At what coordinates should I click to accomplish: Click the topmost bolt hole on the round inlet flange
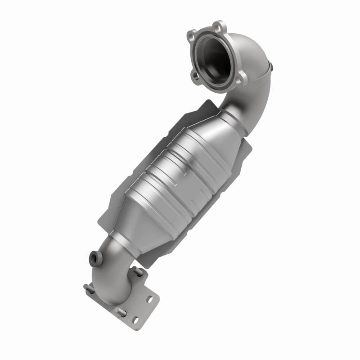[x=219, y=25]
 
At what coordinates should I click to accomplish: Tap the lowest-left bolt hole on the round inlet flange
[x=197, y=76]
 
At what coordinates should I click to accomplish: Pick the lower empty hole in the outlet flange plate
[x=135, y=320]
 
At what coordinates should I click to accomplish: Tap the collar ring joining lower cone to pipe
[x=119, y=241]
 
